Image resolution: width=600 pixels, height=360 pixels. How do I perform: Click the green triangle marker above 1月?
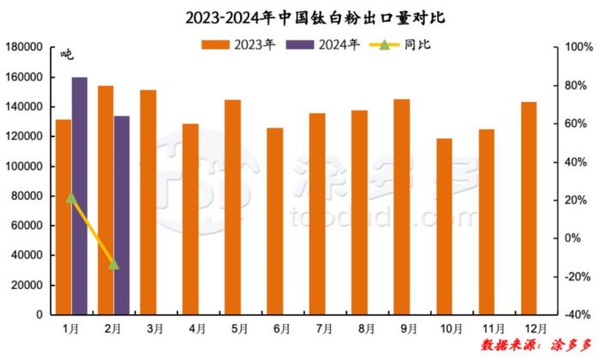point(71,198)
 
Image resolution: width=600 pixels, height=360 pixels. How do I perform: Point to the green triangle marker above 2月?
point(113,264)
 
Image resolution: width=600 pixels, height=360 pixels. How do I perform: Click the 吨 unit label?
point(67,55)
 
